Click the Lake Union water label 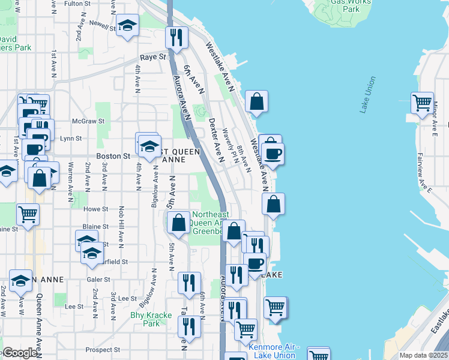[368, 95]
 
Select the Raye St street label [152, 57]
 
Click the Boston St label [113, 156]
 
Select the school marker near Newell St [127, 26]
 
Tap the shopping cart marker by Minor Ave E [422, 102]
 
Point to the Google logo [20, 353]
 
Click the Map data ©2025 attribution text [423, 355]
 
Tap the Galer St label [98, 280]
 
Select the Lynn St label [71, 139]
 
